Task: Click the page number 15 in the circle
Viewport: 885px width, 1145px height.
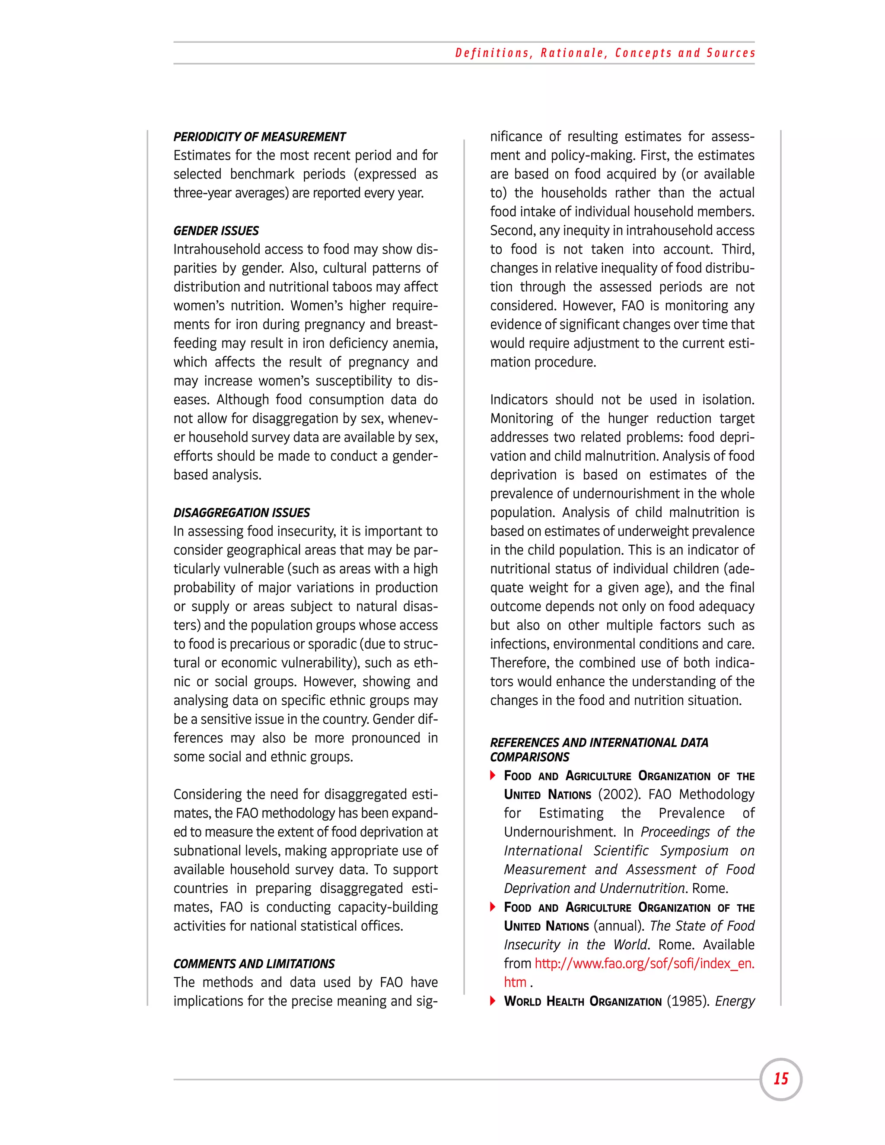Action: point(781,1078)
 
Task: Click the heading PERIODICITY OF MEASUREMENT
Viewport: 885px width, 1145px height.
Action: point(260,137)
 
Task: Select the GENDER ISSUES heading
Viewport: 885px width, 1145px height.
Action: point(216,231)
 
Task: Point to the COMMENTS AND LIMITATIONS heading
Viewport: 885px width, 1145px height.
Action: point(254,964)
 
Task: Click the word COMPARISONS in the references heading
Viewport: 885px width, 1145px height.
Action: point(529,757)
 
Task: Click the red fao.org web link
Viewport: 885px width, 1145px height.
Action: point(644,964)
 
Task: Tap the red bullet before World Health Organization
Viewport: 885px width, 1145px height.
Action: point(493,1001)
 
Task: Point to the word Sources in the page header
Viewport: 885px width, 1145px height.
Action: point(731,53)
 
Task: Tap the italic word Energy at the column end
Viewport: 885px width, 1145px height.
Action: point(735,1002)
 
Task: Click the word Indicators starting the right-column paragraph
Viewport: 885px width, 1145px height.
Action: point(519,400)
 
